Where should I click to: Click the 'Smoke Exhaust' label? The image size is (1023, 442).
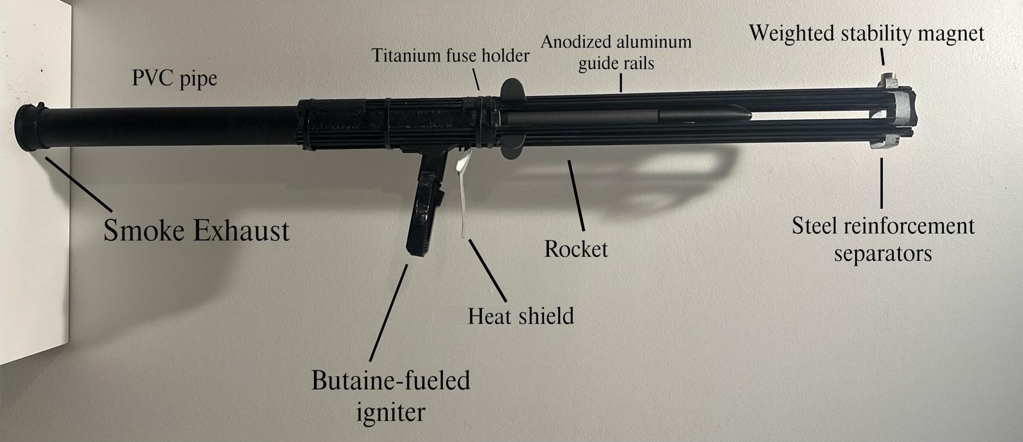pyautogui.click(x=197, y=230)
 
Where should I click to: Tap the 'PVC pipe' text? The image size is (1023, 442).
pyautogui.click(x=174, y=79)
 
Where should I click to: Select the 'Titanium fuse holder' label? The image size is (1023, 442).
pyautogui.click(x=450, y=56)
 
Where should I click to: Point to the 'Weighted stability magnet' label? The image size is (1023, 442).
pyautogui.click(x=866, y=33)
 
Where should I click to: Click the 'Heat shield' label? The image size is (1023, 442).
pyautogui.click(x=520, y=317)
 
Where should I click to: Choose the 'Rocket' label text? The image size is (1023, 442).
pyautogui.click(x=575, y=249)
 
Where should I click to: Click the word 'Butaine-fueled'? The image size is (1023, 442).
pyautogui.click(x=391, y=380)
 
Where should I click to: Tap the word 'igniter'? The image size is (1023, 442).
pyautogui.click(x=391, y=412)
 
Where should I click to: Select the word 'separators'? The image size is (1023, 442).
pyautogui.click(x=883, y=254)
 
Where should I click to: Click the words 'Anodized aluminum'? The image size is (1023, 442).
pyautogui.click(x=616, y=42)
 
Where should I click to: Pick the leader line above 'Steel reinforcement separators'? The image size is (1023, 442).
pyautogui.click(x=882, y=182)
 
